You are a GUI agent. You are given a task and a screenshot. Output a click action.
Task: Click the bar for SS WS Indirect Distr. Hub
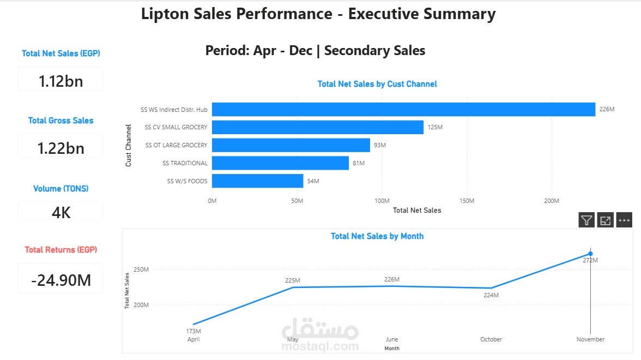pyautogui.click(x=403, y=109)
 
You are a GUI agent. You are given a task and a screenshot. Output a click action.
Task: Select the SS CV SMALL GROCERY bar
pyautogui.click(x=318, y=127)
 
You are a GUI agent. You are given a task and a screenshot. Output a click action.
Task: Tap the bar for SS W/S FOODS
pyautogui.click(x=257, y=181)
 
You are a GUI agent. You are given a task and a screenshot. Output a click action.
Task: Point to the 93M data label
pyautogui.click(x=380, y=145)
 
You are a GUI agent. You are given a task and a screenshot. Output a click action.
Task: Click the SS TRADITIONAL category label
pyautogui.click(x=185, y=163)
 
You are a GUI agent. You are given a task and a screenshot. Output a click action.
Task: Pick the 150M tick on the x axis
pyautogui.click(x=467, y=201)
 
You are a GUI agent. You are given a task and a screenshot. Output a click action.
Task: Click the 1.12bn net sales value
pyautogui.click(x=61, y=81)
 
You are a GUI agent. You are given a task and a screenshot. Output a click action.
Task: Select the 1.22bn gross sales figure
pyautogui.click(x=61, y=148)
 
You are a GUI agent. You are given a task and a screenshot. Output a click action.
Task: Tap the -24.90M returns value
pyautogui.click(x=61, y=280)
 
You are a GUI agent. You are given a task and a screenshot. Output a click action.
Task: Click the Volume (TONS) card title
pyautogui.click(x=61, y=189)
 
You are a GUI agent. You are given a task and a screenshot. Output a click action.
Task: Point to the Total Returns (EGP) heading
pyautogui.click(x=61, y=250)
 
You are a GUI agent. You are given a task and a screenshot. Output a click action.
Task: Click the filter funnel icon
pyautogui.click(x=586, y=220)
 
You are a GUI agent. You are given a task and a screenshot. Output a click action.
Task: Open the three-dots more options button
pyautogui.click(x=624, y=220)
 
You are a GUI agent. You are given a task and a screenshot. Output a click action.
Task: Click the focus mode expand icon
pyautogui.click(x=606, y=220)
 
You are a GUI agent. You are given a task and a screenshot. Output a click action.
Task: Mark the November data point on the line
pyautogui.click(x=590, y=254)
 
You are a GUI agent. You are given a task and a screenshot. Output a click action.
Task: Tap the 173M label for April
pyautogui.click(x=193, y=331)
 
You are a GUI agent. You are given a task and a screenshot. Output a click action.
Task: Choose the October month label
pyautogui.click(x=491, y=339)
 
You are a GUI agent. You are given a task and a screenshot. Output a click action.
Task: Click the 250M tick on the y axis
pyautogui.click(x=141, y=269)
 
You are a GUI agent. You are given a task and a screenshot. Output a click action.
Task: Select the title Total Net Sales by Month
pyautogui.click(x=377, y=236)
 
